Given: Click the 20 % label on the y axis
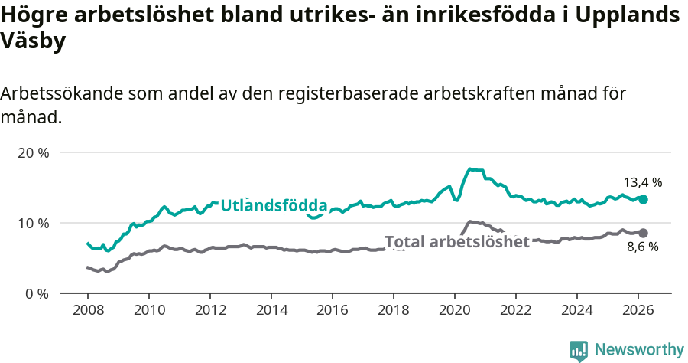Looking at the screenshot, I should click(33, 152).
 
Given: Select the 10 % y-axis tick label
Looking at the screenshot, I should click(33, 223).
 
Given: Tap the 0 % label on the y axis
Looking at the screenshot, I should click(36, 293).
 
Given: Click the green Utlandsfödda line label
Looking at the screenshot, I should click(274, 205).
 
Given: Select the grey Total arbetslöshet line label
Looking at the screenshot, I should click(457, 242).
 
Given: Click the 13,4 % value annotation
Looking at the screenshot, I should click(642, 182).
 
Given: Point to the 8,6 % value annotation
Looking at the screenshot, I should click(642, 247).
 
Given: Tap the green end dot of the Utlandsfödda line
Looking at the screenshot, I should click(643, 199).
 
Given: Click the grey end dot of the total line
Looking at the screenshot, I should click(643, 233).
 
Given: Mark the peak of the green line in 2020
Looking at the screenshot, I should click(471, 169).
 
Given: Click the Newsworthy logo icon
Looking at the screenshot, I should click(579, 350).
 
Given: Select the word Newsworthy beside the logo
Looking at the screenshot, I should click(639, 350).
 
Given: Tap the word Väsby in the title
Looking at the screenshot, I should click(33, 41).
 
